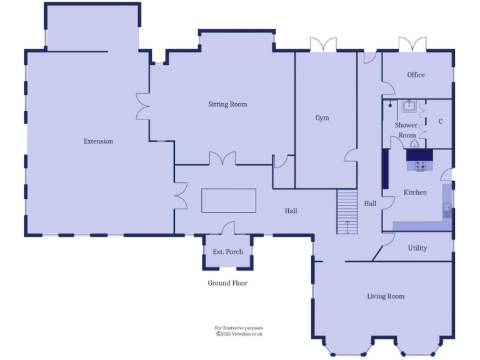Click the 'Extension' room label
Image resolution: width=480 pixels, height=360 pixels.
pos(98,141)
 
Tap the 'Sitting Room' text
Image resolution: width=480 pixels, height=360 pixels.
pos(227,104)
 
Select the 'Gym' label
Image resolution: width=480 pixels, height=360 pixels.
pos(322,117)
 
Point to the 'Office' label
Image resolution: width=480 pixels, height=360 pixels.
pos(416,75)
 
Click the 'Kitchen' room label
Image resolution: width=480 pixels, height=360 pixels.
pos(415,192)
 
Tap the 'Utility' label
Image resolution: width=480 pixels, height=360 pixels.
pos(417,248)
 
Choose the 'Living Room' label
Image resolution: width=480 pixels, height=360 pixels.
pos(386,296)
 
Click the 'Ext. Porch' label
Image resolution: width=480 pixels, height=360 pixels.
pos(227,252)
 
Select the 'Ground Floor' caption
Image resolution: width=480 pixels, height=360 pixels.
pos(227,283)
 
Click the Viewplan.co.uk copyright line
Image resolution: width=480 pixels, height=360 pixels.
pos(239,334)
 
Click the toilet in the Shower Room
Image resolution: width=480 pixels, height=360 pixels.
pos(414,144)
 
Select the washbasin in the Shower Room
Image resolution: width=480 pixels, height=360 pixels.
pos(410,107)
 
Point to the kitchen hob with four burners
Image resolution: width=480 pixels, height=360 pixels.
pos(420,166)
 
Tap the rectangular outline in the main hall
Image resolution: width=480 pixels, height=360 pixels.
pos(229,201)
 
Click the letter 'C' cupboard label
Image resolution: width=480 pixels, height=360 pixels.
pos(441,121)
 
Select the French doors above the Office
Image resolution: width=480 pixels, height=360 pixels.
pos(413,44)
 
